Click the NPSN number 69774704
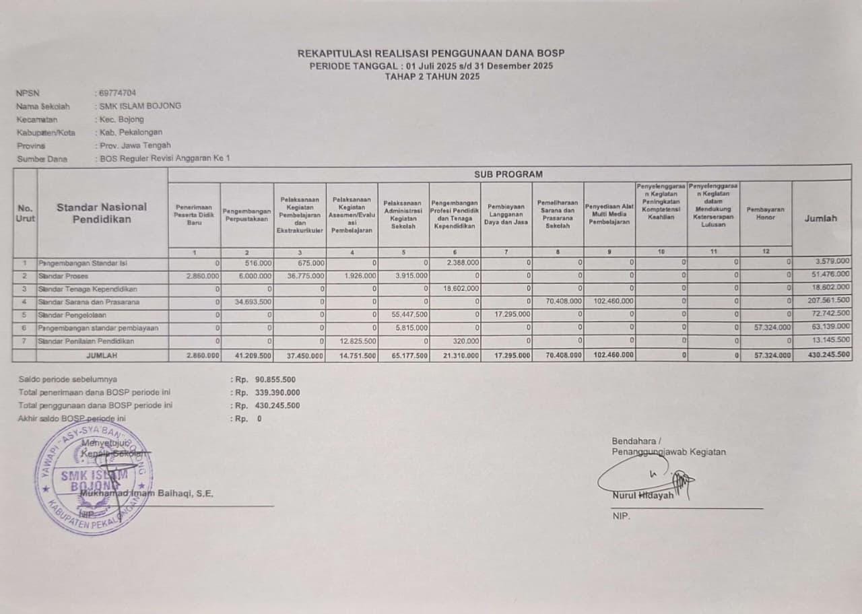[x=117, y=93]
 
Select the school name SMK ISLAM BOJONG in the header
[x=140, y=106]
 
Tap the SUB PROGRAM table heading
[x=508, y=174]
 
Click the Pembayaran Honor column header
[x=766, y=213]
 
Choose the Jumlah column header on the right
[x=821, y=218]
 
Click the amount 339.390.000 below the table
[x=277, y=393]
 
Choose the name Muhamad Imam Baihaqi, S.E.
[x=146, y=493]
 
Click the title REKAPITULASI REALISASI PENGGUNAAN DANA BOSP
[x=431, y=53]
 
